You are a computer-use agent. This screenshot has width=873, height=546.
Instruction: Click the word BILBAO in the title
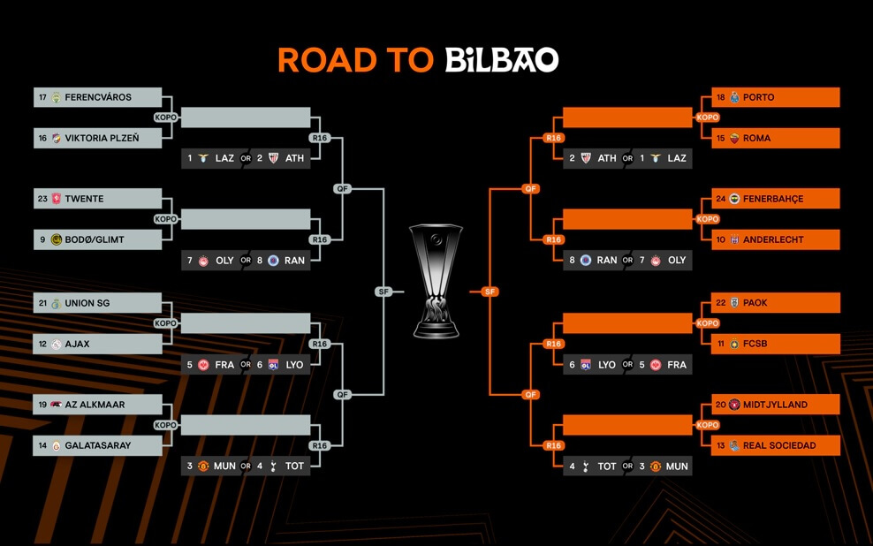tap(502, 60)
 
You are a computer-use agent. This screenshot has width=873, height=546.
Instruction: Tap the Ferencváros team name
tap(98, 97)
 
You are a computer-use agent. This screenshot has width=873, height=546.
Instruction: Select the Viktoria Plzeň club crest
tap(56, 138)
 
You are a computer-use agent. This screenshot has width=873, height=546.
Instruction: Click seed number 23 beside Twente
tap(43, 199)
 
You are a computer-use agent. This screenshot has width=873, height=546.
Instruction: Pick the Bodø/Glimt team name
tap(94, 240)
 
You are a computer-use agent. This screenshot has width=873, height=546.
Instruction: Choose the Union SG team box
tap(97, 303)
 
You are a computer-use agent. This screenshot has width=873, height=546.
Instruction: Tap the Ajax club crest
tap(56, 345)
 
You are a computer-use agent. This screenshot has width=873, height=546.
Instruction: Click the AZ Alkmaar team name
tap(95, 405)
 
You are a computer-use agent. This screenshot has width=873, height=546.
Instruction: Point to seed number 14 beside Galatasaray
tap(43, 446)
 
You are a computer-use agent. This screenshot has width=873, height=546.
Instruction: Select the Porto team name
tap(758, 97)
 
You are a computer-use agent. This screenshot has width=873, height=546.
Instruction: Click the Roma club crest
tap(734, 138)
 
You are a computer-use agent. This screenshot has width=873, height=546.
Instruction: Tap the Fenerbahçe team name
tap(773, 199)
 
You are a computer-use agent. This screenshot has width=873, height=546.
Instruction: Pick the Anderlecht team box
tap(776, 240)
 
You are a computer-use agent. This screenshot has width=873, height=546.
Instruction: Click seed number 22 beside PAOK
tap(721, 303)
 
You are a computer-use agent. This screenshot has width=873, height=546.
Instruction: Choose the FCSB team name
tap(755, 344)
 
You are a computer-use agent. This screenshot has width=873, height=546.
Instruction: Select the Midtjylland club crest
tap(734, 405)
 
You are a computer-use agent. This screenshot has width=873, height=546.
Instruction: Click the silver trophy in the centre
tap(436, 281)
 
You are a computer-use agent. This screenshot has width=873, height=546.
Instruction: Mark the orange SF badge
tap(490, 292)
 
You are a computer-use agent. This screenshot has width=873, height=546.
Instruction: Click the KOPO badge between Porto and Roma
tap(708, 118)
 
